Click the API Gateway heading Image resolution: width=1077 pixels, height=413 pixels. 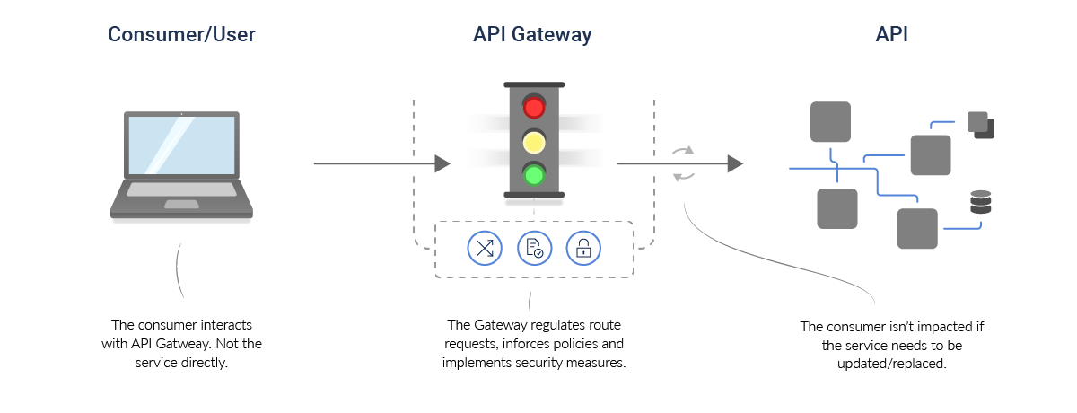coord(532,35)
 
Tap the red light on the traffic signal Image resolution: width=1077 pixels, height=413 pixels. coord(534,108)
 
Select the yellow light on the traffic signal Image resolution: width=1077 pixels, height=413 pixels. coord(534,141)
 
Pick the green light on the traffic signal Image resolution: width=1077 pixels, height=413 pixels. coord(534,173)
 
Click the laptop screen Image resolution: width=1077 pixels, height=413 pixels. coord(181,149)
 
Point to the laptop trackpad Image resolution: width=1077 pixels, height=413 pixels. coord(181,205)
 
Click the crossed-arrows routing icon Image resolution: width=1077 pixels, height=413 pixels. coord(485,248)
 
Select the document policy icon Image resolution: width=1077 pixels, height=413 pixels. coord(534,248)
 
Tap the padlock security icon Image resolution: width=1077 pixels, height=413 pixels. coord(583,248)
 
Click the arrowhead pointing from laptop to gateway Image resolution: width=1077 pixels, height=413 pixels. coord(442,163)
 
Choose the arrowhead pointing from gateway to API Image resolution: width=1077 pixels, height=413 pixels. coord(735,163)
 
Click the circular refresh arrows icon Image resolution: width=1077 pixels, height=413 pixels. coord(684,163)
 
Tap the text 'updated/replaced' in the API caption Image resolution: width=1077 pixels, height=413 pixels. coord(897,365)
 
